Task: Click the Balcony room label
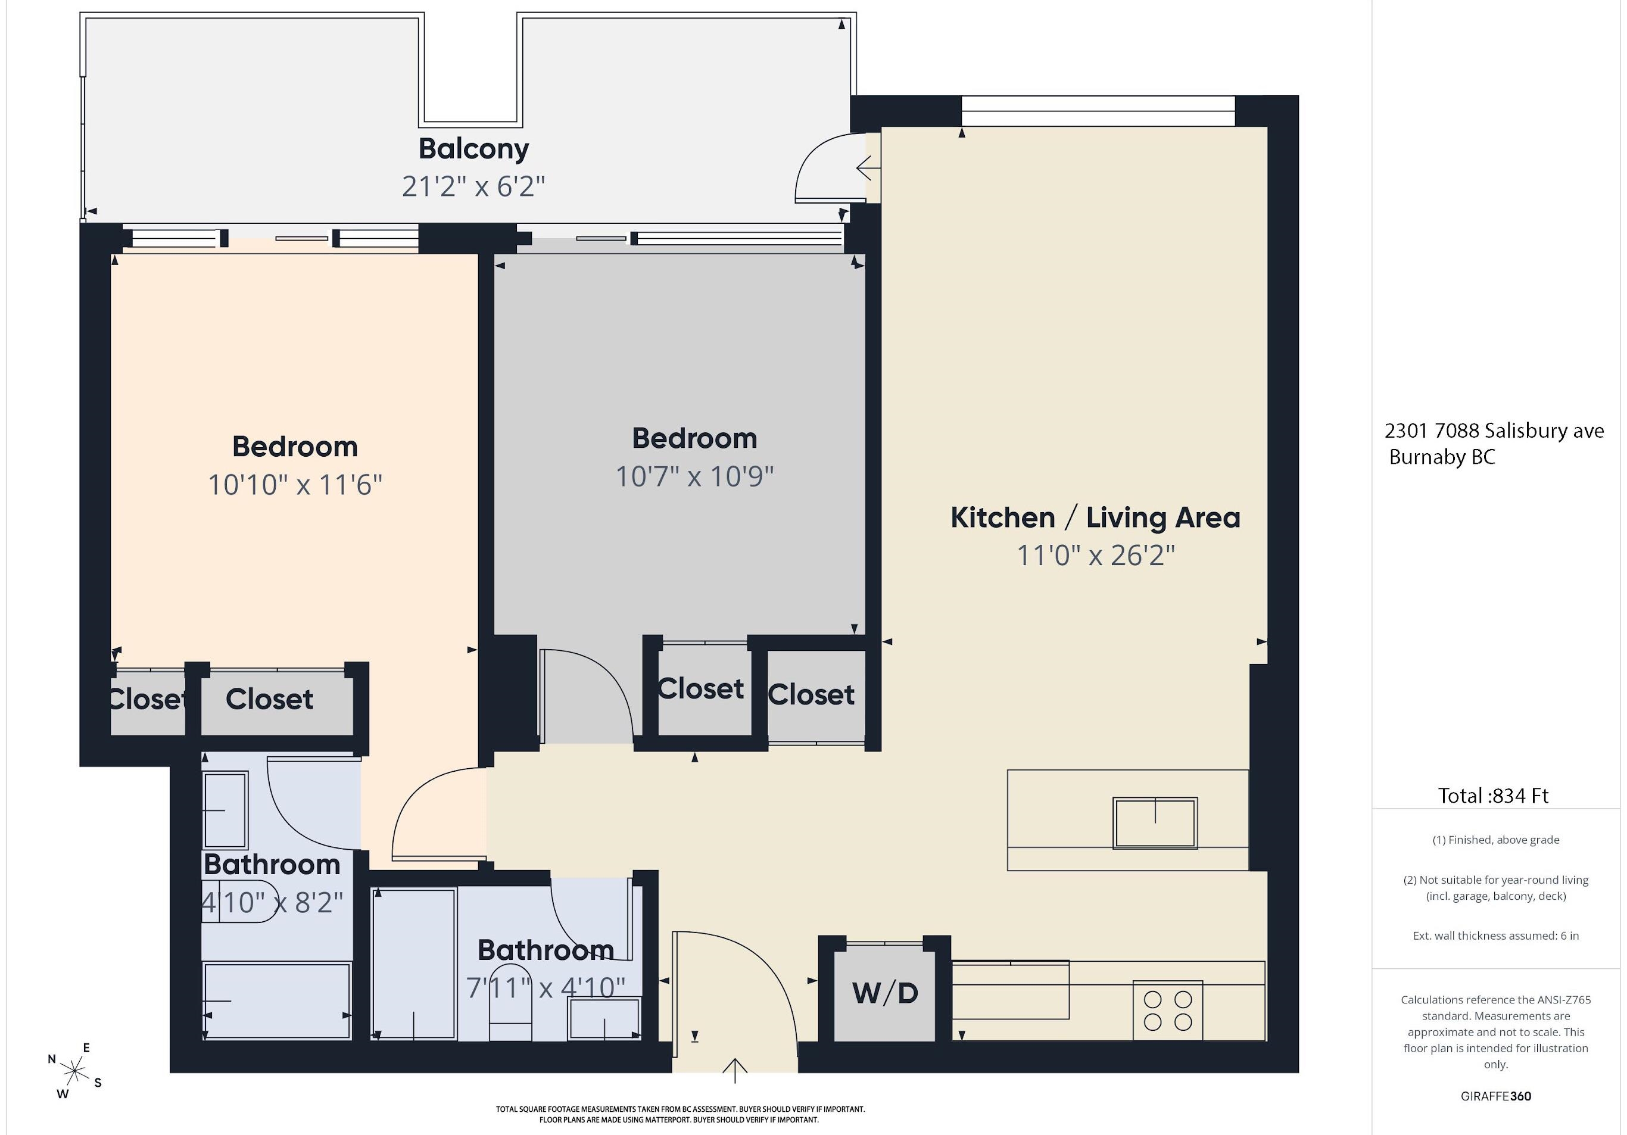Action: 473,149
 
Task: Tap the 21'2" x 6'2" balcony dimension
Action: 473,186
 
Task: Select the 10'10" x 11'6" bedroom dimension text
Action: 295,485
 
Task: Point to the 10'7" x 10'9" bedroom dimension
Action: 694,476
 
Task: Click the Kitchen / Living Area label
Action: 1096,518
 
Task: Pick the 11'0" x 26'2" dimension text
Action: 1096,556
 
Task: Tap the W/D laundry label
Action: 885,993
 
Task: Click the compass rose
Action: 74,1071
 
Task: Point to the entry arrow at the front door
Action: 735,1071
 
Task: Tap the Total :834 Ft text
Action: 1493,796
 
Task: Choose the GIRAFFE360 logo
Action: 1496,1096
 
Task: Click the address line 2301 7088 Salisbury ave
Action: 1494,431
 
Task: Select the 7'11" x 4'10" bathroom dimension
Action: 546,988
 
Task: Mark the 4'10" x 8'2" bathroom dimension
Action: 273,903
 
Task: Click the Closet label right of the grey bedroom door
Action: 701,688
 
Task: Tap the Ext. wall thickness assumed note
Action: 1496,936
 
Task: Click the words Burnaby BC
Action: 1442,457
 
